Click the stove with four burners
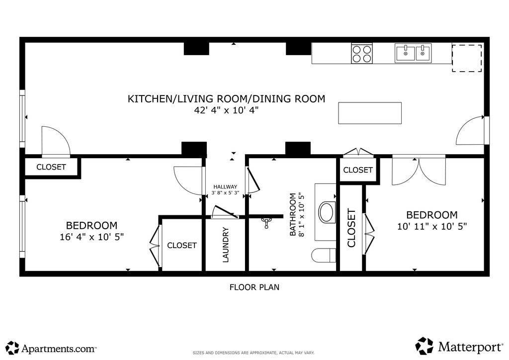tap(362, 54)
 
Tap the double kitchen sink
tap(413, 53)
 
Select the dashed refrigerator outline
tap(467, 58)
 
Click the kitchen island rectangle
tap(370, 113)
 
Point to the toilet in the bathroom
tap(324, 255)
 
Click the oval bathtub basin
tap(327, 212)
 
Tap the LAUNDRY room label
tap(226, 245)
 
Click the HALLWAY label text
tap(225, 186)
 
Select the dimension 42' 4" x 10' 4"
tap(226, 110)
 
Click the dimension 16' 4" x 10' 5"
tap(92, 237)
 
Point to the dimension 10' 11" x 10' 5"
tap(432, 226)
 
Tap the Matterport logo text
tap(470, 347)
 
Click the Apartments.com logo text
tap(59, 349)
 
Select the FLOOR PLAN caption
tap(254, 287)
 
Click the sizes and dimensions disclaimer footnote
tap(254, 353)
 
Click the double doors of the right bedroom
tap(419, 171)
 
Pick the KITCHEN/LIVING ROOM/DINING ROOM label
tap(226, 98)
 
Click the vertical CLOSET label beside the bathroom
tap(351, 228)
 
